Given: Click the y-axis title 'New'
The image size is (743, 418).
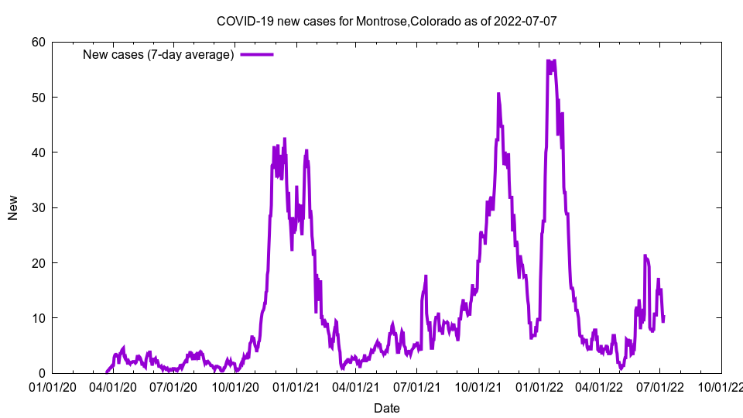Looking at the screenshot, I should click(13, 207).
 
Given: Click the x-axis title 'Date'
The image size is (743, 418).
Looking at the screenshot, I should click(386, 408).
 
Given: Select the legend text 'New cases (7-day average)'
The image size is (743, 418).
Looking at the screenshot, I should click(158, 54).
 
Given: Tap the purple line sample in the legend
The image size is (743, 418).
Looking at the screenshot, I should click(257, 54).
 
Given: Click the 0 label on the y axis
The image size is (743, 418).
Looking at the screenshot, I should click(42, 373).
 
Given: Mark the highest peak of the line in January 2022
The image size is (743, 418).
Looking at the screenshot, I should click(548, 60).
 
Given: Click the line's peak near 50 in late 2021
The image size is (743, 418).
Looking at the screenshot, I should click(498, 94).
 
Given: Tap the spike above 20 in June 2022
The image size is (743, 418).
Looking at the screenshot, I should click(645, 255).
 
